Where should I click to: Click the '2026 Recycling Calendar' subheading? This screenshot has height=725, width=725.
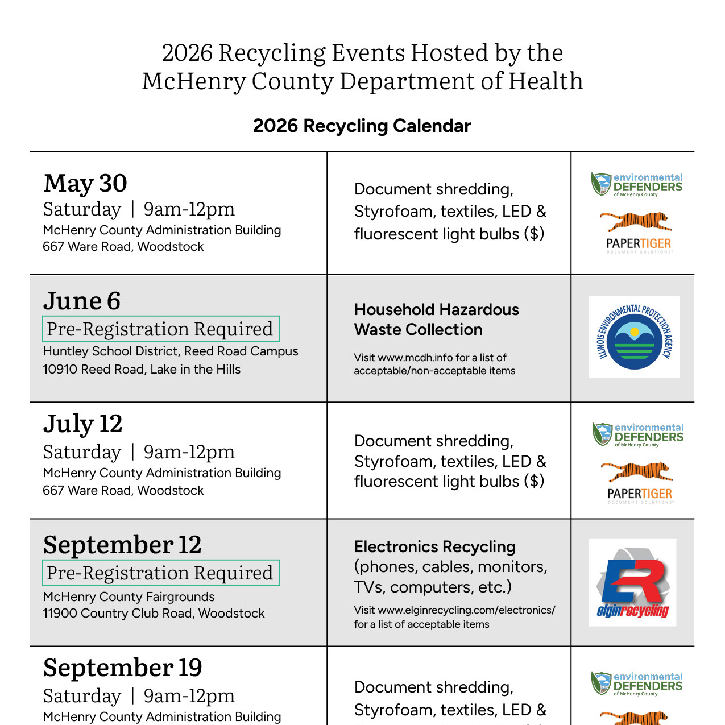[x=362, y=126]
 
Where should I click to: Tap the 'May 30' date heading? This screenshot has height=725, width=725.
[x=85, y=183]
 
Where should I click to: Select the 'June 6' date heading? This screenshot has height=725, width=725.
[x=82, y=301]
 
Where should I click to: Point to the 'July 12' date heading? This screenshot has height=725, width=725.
[x=83, y=424]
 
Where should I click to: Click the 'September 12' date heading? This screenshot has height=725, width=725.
[x=122, y=545]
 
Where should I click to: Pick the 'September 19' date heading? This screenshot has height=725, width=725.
[x=122, y=668]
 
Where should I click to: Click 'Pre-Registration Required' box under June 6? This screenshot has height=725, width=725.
[x=161, y=329]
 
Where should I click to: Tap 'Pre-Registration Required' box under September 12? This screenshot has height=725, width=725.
[x=161, y=573]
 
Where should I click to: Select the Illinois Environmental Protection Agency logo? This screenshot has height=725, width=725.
[x=634, y=337]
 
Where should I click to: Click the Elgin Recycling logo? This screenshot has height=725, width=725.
[x=632, y=583]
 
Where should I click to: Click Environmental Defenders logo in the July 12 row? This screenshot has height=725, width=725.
[x=637, y=435]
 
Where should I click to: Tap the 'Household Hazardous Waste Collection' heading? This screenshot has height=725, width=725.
[x=436, y=320]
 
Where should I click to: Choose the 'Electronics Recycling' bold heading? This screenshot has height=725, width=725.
[x=434, y=546]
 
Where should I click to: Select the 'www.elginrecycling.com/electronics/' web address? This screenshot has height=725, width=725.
[x=466, y=610]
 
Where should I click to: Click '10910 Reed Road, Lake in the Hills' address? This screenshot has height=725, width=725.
[x=142, y=370]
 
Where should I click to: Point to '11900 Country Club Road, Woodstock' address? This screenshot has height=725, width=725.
[x=154, y=614]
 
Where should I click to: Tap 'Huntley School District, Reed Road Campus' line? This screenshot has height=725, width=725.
[x=171, y=351]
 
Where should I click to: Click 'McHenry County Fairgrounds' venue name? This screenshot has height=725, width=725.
[x=129, y=597]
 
